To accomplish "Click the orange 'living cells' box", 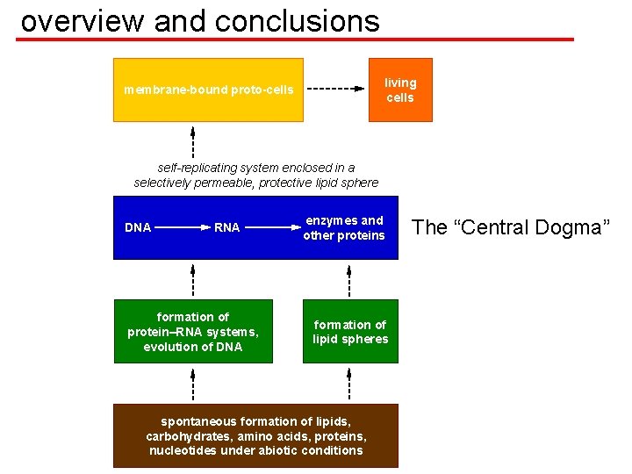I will [x=400, y=90].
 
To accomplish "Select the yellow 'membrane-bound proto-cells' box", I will [x=208, y=90].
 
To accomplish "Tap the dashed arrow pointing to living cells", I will [x=334, y=90].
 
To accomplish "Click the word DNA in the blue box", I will [x=138, y=228].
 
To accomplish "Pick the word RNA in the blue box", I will [x=226, y=228].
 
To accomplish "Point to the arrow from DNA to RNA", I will [x=182, y=228].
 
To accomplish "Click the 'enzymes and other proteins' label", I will [x=344, y=228].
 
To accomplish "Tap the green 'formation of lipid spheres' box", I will [x=350, y=332].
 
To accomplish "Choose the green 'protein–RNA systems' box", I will [x=193, y=332].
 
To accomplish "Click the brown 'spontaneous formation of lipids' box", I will [x=255, y=435].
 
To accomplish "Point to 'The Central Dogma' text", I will [x=510, y=228].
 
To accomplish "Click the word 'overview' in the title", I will [x=83, y=21].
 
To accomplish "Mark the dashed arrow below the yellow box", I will [x=193, y=140].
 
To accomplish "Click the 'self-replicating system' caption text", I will [x=256, y=175].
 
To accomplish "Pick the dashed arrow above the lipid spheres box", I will [x=349, y=280].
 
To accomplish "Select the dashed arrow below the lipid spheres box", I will [x=349, y=384].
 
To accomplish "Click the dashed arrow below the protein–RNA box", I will [x=193, y=384].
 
